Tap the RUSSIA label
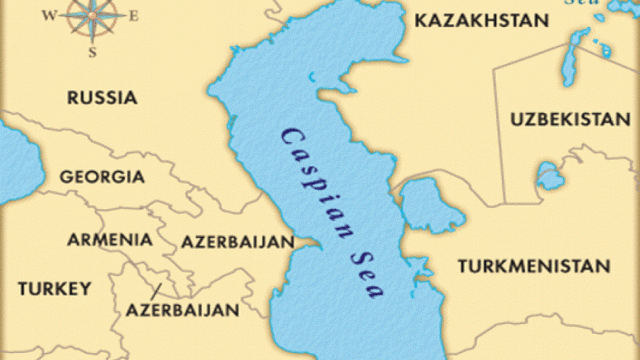[x=102, y=97]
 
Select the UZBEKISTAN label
[x=564, y=120]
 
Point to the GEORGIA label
[x=101, y=177]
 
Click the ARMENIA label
[x=110, y=240]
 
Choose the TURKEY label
[x=54, y=288]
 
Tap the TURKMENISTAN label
[x=534, y=267]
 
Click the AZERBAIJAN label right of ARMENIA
[x=237, y=243]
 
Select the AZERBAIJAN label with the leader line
[x=182, y=311]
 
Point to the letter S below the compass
[x=92, y=51]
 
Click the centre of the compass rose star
[x=92, y=15]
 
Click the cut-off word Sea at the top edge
[x=582, y=3]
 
